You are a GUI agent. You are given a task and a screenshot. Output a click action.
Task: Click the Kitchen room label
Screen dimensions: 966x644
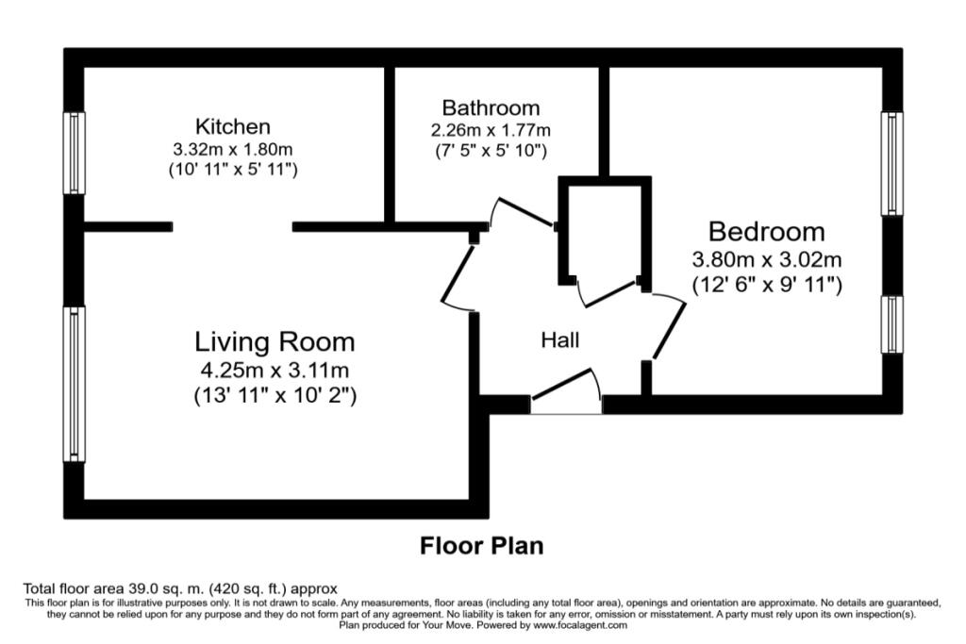(x=233, y=126)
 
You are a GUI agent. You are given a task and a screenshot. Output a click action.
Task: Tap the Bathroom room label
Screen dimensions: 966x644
(x=491, y=107)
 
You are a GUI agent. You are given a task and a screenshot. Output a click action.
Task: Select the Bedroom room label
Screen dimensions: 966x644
(x=766, y=232)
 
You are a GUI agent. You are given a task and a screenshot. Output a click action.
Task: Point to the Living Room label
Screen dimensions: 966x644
(x=275, y=341)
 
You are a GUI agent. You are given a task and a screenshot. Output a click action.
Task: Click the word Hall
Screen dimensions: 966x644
(x=560, y=339)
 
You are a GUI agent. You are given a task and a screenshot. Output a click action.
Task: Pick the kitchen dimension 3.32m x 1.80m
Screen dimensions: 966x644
(x=233, y=149)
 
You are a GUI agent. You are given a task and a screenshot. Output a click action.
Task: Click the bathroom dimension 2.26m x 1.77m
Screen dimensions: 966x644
(x=491, y=130)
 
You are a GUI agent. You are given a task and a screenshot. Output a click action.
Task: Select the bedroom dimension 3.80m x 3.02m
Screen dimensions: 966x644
(x=766, y=259)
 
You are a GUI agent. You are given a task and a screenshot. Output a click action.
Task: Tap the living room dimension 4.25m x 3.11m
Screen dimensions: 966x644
(x=275, y=370)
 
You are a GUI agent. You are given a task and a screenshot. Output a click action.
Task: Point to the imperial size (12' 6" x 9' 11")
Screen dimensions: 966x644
(x=767, y=285)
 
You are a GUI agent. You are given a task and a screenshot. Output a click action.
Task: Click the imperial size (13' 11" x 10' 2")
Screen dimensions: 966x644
(x=275, y=395)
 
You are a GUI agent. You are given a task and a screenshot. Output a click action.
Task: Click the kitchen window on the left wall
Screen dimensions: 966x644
(x=75, y=154)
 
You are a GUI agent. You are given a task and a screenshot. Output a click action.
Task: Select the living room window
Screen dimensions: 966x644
(x=75, y=384)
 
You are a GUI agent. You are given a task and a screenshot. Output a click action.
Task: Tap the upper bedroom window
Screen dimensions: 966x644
(x=892, y=164)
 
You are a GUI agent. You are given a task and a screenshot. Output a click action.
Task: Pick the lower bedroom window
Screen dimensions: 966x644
(x=892, y=325)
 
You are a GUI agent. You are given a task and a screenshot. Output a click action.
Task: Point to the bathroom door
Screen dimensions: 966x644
(x=524, y=212)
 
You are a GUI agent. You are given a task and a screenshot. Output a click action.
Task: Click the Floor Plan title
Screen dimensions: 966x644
(x=482, y=546)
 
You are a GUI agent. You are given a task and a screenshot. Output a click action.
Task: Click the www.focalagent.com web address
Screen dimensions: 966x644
(x=580, y=625)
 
